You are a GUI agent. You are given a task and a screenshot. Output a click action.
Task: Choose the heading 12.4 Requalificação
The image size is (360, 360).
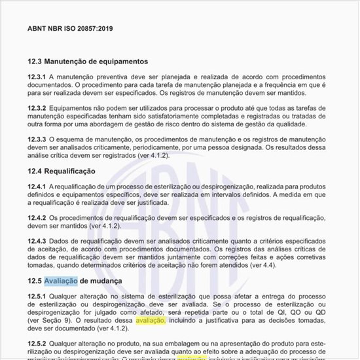pos(62,171)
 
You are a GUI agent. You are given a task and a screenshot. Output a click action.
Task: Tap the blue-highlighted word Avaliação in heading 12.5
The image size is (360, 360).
pos(61,281)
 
